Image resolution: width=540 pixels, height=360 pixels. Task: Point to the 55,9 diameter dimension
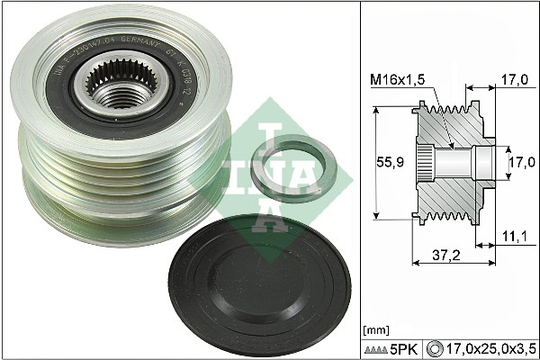point(384,161)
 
